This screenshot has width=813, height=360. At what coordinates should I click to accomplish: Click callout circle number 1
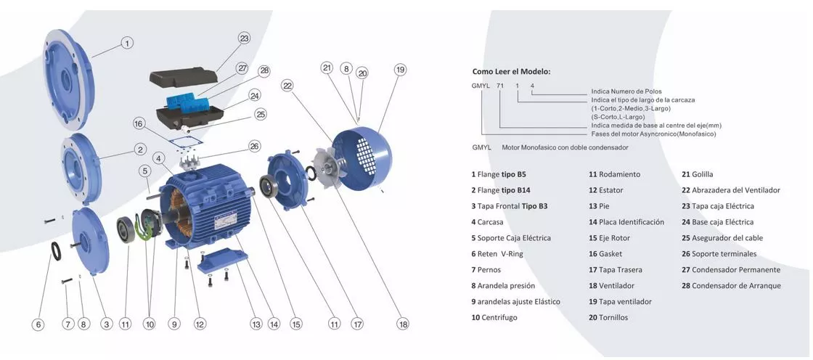click(127, 43)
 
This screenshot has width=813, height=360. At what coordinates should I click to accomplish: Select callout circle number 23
click(244, 38)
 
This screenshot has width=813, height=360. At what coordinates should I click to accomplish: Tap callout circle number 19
click(400, 70)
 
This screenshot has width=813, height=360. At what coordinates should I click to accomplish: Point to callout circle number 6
click(38, 324)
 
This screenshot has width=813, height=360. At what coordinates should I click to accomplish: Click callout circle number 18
click(403, 324)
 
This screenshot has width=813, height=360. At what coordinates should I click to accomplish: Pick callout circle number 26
click(254, 146)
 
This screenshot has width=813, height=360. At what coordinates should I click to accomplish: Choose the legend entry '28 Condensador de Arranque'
click(731, 286)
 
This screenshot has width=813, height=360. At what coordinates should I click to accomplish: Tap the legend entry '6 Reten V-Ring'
click(497, 254)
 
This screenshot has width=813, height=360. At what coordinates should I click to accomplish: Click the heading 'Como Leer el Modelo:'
click(511, 72)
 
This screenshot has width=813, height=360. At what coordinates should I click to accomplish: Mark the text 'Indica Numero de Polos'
click(626, 91)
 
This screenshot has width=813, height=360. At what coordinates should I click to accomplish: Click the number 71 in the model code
click(499, 86)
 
